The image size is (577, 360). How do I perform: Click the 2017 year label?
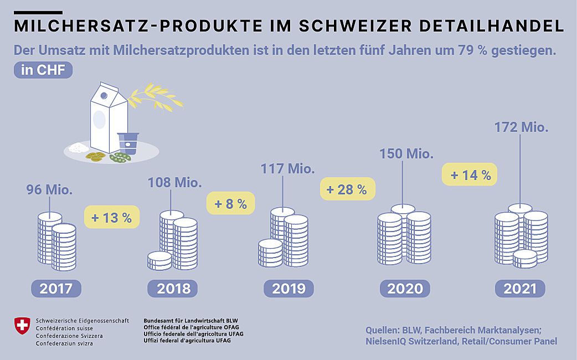click(x=56, y=288)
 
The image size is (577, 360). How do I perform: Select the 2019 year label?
click(x=288, y=288)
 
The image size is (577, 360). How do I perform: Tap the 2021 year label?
click(x=520, y=288)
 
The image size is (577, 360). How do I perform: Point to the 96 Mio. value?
click(x=50, y=191)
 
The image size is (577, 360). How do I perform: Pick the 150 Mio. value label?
click(x=406, y=153)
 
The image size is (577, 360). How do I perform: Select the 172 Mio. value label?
click(x=521, y=127)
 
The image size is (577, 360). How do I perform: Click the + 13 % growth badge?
click(x=111, y=218)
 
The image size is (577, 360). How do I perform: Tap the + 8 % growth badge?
click(x=231, y=203)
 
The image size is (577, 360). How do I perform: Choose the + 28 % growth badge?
click(x=347, y=189)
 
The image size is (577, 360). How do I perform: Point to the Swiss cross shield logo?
click(x=22, y=326)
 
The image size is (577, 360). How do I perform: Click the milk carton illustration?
click(x=109, y=119)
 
